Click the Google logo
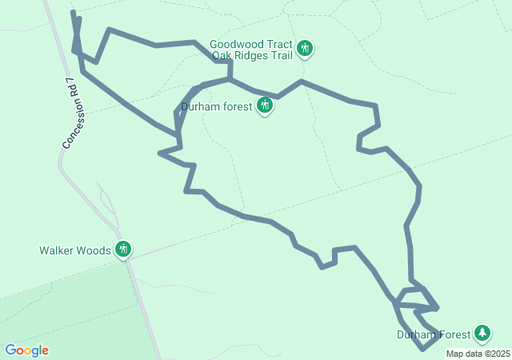[27, 350]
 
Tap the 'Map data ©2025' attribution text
[478, 354]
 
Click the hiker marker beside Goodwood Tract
[304, 48]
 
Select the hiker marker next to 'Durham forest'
[265, 105]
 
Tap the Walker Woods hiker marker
[122, 250]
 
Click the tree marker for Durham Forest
[482, 332]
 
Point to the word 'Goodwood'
[234, 44]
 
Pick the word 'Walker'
[57, 250]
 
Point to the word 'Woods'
[94, 250]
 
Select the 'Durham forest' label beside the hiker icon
[216, 106]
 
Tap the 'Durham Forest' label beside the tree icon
[433, 334]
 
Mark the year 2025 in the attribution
[500, 354]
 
